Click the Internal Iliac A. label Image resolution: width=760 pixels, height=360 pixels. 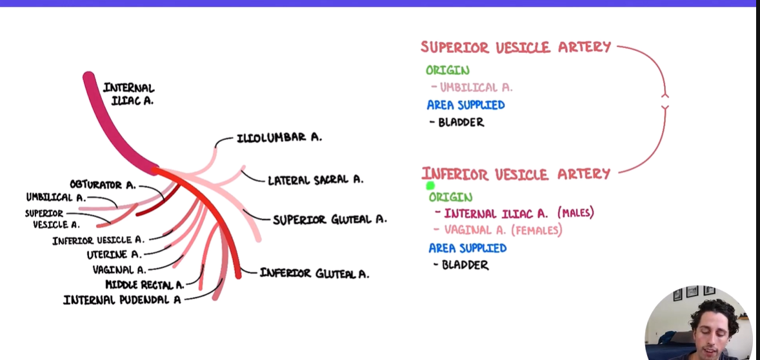[x=128, y=94]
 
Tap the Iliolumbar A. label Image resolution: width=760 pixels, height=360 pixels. [x=279, y=137]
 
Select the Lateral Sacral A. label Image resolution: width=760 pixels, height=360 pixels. [x=315, y=180]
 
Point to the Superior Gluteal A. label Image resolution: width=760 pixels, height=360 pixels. [x=330, y=219]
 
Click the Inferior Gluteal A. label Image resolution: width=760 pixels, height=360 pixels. [x=314, y=274]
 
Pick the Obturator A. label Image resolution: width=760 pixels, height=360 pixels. [x=103, y=185]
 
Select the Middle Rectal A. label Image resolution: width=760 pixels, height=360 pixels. [x=145, y=285]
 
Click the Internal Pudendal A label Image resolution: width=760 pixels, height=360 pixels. [x=122, y=299]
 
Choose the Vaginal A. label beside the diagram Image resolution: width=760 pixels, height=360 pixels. [x=119, y=270]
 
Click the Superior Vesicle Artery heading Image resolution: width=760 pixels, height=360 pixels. [x=515, y=47]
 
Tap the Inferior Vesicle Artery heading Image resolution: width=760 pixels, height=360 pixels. [x=516, y=174]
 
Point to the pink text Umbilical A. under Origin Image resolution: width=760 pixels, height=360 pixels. [x=476, y=87]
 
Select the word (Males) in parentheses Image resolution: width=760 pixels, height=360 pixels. [x=575, y=213]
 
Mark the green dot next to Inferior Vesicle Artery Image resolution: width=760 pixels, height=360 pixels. [x=430, y=186]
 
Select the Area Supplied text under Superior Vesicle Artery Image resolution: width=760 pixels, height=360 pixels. [x=465, y=105]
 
